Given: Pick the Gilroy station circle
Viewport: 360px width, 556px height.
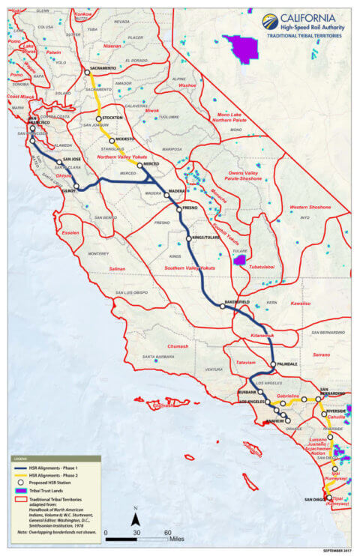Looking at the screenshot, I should [76, 187].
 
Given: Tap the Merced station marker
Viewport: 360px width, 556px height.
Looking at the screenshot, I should [139, 165].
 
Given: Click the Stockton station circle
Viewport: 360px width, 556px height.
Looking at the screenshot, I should [98, 118].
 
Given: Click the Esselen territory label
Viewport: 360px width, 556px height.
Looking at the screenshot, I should [71, 232].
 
